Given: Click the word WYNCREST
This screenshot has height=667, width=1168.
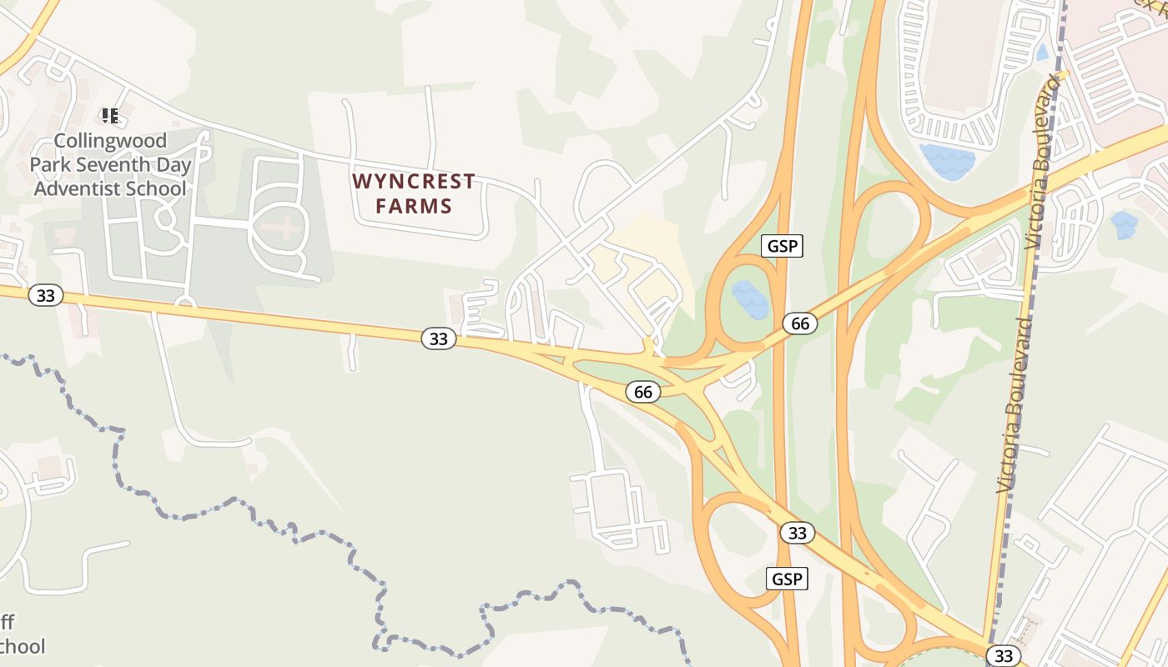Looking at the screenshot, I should click(414, 181).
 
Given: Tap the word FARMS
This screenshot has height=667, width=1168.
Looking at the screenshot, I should click(414, 206).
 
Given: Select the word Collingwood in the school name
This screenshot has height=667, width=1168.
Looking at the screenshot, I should click(111, 140).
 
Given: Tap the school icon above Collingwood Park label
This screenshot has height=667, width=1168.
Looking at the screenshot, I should click(110, 115).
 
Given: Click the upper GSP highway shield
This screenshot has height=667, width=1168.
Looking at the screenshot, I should click(782, 245).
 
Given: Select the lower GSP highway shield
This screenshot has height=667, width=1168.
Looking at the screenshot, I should click(788, 579).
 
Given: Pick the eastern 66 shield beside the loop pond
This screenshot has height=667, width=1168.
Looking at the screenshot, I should click(800, 323).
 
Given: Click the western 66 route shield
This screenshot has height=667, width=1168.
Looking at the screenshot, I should click(642, 391).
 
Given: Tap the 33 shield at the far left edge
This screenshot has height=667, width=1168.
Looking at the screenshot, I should click(46, 295).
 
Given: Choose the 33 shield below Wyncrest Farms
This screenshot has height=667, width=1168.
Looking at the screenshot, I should click(439, 339).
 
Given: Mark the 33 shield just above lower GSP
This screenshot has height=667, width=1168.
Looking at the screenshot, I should click(797, 533).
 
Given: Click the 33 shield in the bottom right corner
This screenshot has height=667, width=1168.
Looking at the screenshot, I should click(1004, 655).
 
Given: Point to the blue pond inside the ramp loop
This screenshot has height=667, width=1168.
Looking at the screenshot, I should click(750, 300).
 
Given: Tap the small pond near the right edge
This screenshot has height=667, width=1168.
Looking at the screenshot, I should click(1124, 224).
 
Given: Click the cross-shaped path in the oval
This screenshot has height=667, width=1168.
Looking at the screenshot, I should click(281, 228).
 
